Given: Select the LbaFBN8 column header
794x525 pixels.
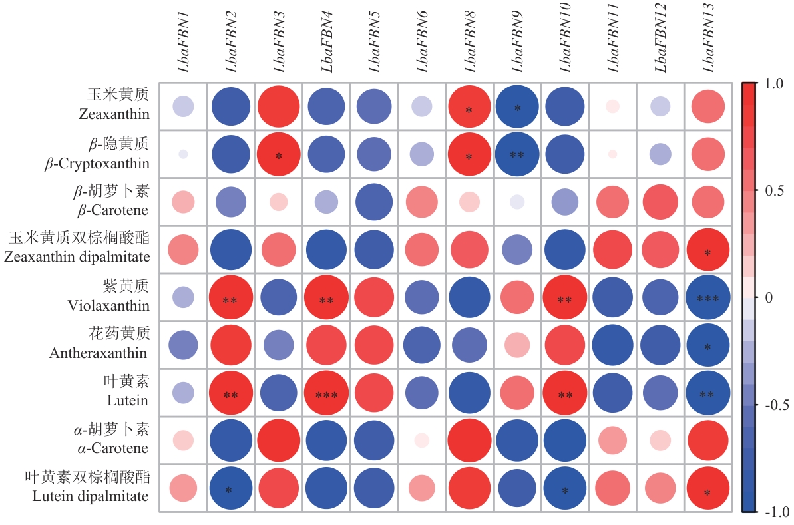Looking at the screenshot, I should click(471, 44).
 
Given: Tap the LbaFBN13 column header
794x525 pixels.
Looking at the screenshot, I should click(708, 43).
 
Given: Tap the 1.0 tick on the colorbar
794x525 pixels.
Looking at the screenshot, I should click(775, 84).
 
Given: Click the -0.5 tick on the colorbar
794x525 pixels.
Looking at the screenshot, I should click(775, 405).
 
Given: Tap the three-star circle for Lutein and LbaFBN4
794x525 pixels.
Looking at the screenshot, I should click(326, 393).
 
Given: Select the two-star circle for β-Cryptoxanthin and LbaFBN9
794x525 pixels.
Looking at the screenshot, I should click(517, 154).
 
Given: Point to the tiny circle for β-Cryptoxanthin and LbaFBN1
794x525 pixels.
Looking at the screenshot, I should click(183, 154).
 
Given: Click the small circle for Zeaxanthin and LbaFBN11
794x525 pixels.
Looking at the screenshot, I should click(613, 106).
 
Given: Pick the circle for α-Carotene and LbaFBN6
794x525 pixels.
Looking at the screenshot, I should click(422, 440).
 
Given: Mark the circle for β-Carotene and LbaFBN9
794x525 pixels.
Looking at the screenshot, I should click(517, 202).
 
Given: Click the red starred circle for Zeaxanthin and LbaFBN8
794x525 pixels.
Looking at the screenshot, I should click(469, 106).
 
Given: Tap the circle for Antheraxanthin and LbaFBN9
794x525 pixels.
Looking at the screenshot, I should click(517, 345).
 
